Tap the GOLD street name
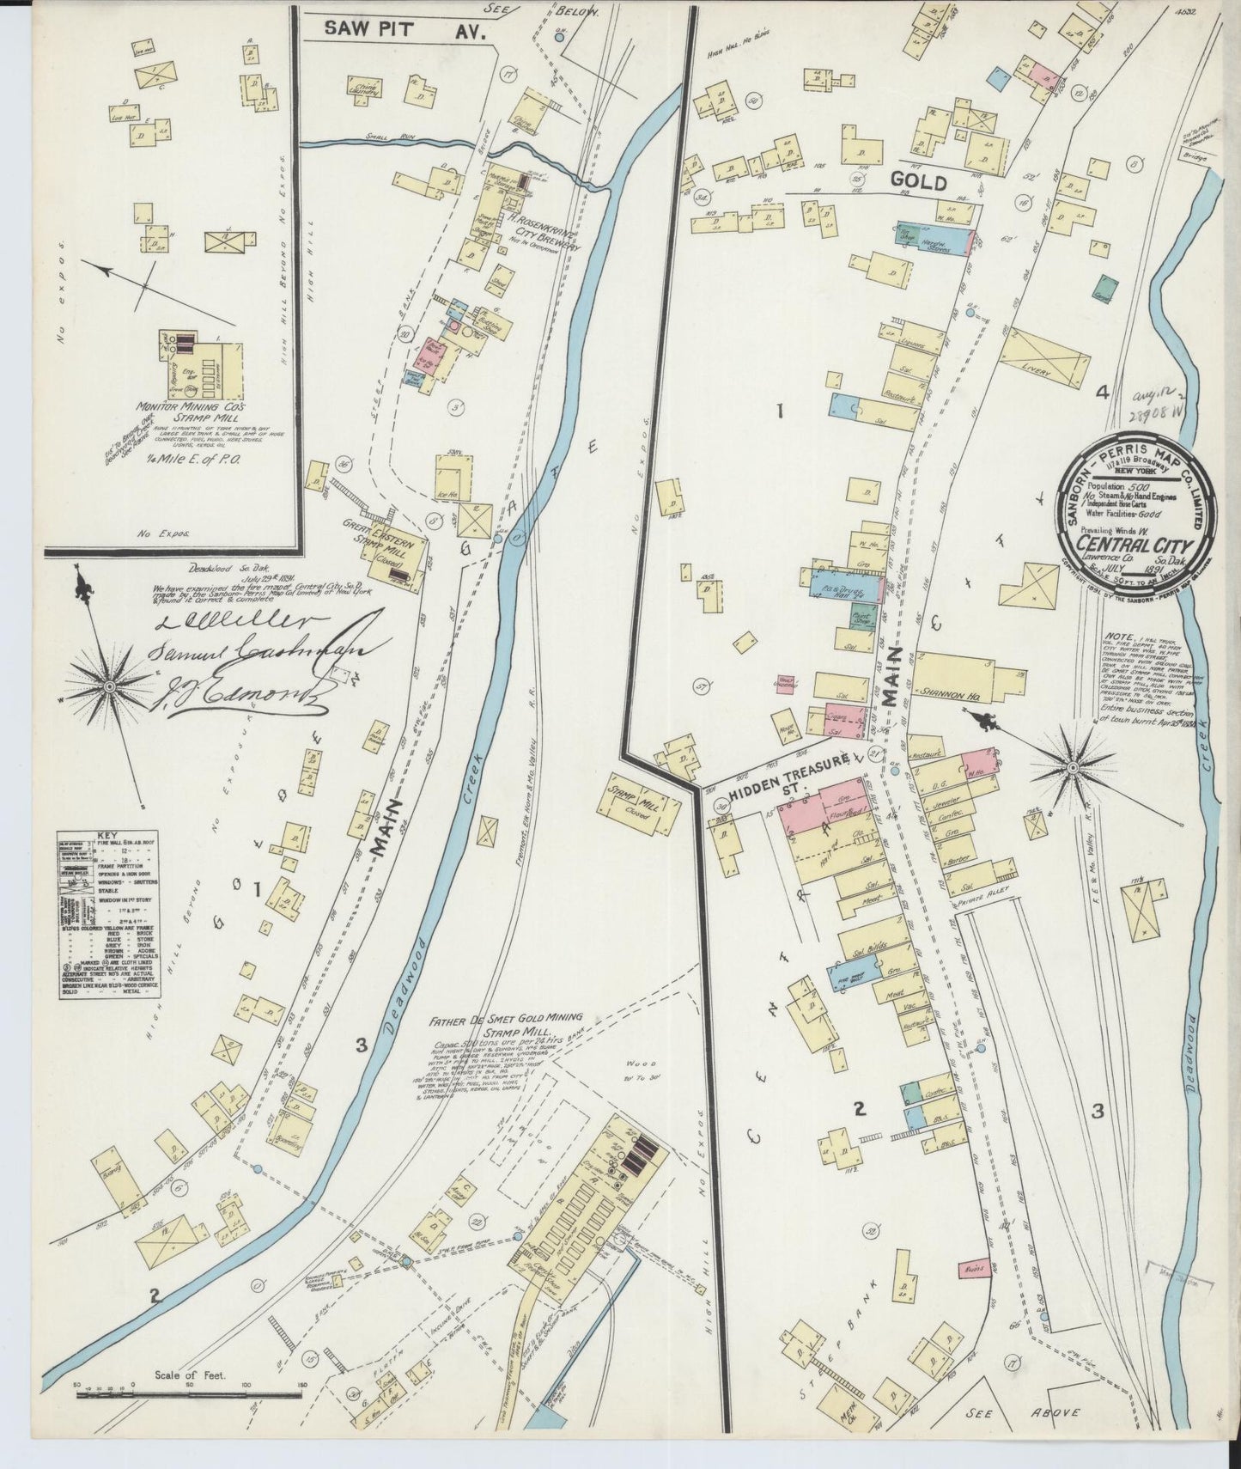tap(919, 182)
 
